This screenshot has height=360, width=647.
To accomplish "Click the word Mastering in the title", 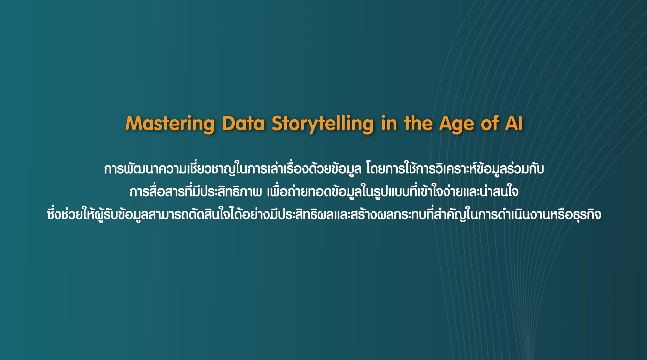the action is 170,124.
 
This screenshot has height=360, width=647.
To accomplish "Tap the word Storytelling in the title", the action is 323,124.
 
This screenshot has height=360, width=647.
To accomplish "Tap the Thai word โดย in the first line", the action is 375,168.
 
